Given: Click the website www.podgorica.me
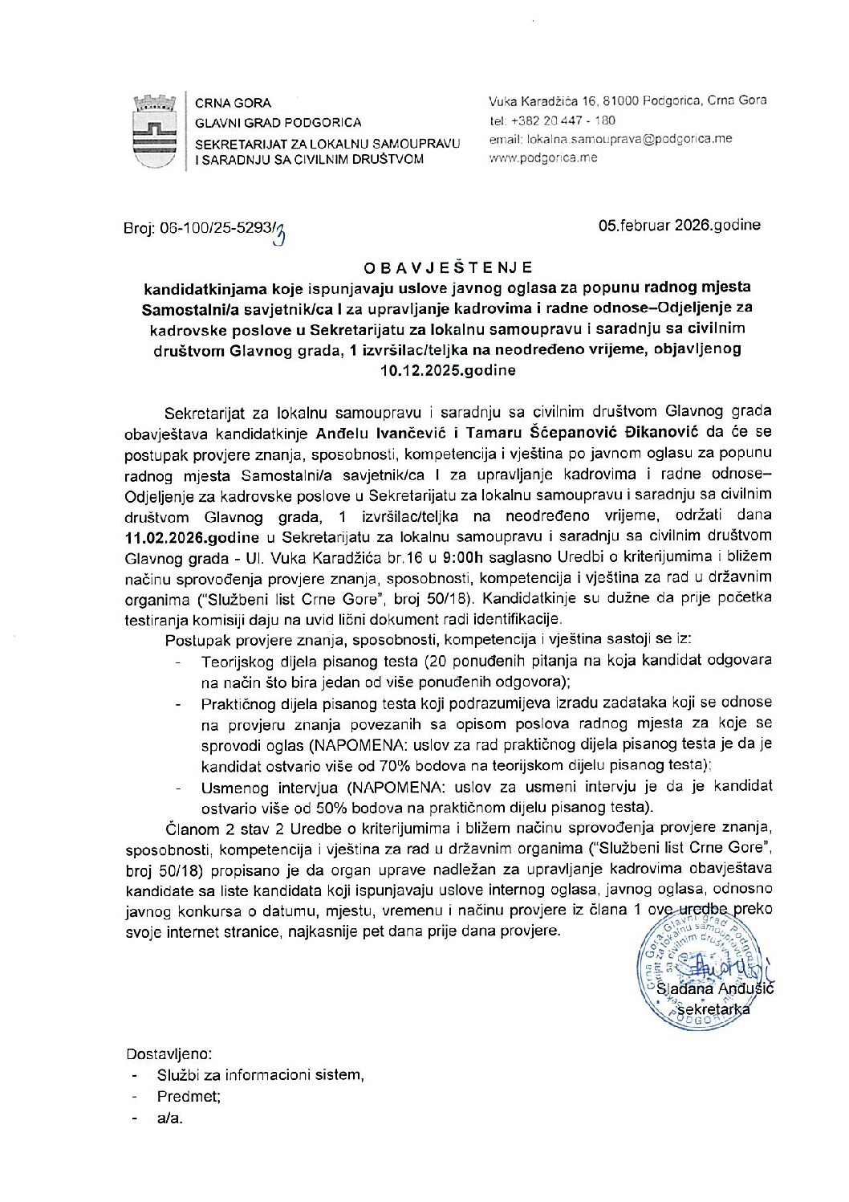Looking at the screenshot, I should click(x=542, y=158).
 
